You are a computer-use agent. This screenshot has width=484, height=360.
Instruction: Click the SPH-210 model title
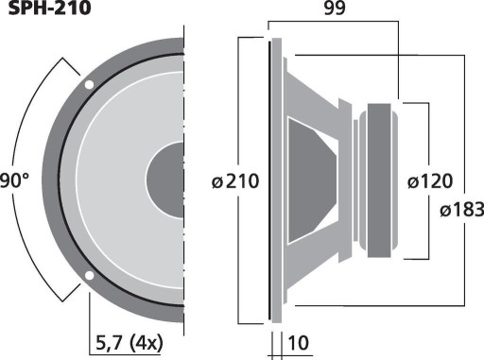click(49, 9)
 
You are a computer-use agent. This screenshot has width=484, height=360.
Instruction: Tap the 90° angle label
click(14, 181)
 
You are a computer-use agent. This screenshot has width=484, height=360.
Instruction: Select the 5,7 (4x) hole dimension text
click(130, 343)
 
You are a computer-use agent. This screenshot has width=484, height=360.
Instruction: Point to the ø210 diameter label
click(235, 181)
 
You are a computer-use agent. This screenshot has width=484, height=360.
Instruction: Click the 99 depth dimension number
click(335, 9)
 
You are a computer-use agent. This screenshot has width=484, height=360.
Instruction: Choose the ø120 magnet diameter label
click(430, 181)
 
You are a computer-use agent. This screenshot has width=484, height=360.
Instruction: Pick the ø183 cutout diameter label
click(462, 210)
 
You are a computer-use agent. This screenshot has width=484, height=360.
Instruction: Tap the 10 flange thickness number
click(298, 343)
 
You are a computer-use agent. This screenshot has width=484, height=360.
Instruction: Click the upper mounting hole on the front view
click(89, 85)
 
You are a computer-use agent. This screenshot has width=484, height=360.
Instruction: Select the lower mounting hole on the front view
click(89, 276)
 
